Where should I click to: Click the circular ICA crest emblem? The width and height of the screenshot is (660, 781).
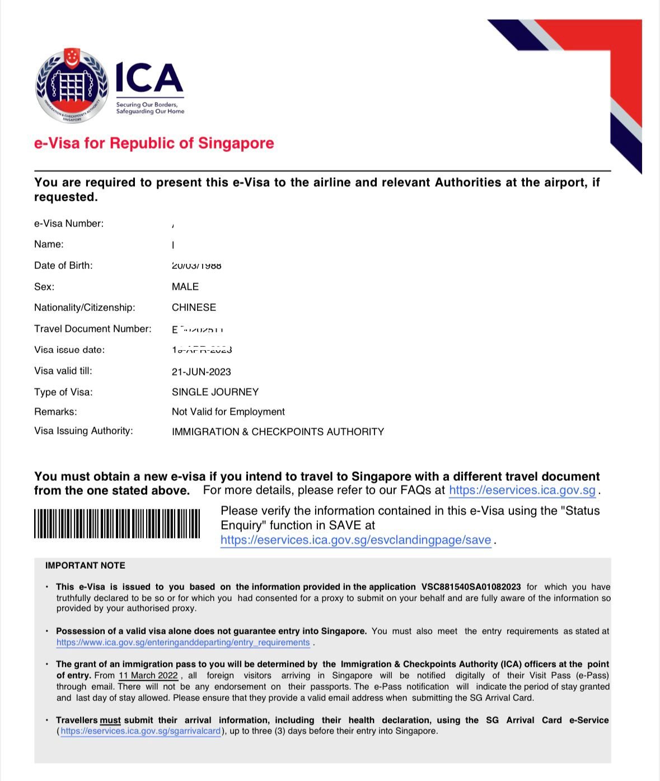(72, 86)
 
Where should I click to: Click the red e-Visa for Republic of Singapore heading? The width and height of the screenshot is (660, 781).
(154, 143)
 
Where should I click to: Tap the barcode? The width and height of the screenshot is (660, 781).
(117, 524)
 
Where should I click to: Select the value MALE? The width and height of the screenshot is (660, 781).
(185, 287)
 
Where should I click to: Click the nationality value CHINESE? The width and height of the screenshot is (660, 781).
(194, 308)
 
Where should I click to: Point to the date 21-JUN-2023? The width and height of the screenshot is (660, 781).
(202, 372)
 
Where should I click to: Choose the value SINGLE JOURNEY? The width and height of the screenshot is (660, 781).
(216, 392)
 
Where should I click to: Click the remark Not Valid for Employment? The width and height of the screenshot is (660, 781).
(228, 412)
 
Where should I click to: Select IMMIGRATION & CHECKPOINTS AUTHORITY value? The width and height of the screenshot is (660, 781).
(278, 432)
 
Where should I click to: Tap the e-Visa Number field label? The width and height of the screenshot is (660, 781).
(69, 224)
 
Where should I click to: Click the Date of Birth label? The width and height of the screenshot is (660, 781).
(63, 266)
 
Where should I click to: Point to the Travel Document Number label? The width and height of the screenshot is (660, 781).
(93, 329)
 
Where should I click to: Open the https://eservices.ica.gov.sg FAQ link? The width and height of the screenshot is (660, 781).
(522, 491)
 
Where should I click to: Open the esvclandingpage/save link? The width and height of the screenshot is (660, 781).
(356, 541)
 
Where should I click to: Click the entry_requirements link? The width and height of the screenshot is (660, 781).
(183, 643)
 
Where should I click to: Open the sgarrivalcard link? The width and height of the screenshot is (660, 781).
(141, 731)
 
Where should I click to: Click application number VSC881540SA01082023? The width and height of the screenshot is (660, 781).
(471, 587)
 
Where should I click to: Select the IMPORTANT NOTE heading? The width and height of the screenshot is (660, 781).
(85, 566)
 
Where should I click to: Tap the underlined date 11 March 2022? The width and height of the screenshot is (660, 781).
(148, 676)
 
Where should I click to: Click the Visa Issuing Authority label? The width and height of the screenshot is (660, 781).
(83, 431)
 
